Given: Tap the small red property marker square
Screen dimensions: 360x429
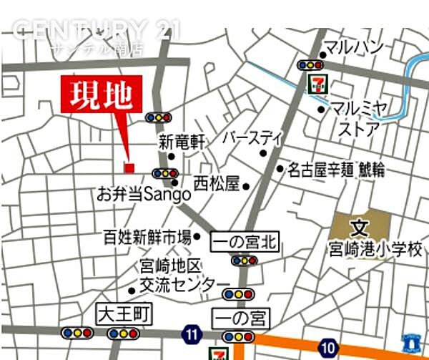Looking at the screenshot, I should [x=129, y=168].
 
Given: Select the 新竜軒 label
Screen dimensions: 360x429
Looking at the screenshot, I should [x=182, y=142].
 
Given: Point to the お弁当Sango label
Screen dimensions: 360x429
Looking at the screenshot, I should [x=144, y=194].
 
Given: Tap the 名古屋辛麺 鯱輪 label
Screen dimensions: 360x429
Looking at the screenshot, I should [x=336, y=170].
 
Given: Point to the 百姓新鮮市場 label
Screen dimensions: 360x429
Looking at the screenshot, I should [x=147, y=237].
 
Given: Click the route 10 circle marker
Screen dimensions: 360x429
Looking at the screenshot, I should [x=328, y=348].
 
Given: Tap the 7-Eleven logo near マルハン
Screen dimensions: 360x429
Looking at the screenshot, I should [x=315, y=82].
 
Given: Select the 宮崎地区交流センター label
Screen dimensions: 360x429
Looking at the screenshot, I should [x=175, y=276].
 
